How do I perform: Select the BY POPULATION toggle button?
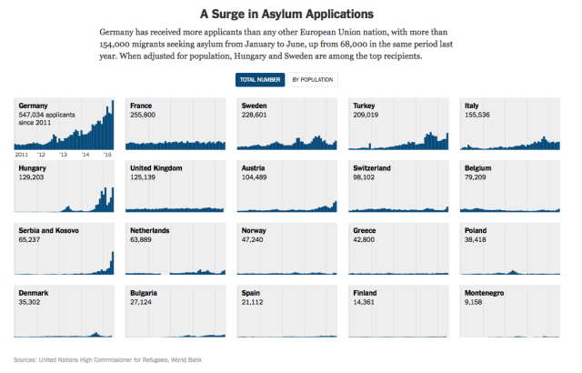coord(313,80)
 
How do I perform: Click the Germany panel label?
coord(35,106)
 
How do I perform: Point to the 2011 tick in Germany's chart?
coord(25,156)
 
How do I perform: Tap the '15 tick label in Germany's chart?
coord(106,156)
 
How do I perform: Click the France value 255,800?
coord(143,115)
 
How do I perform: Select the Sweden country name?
coord(255,106)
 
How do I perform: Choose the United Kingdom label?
coord(156,167)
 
